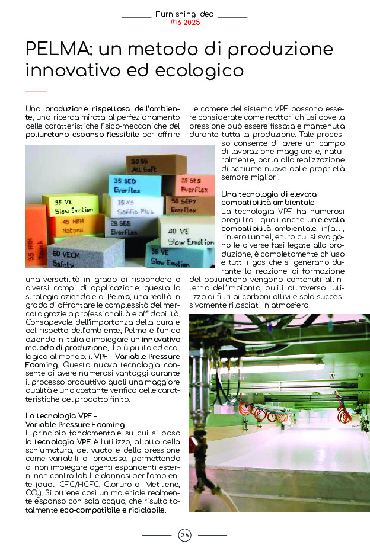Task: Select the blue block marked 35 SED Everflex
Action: click(135, 185)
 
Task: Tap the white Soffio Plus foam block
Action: click(133, 207)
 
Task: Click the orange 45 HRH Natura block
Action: click(75, 225)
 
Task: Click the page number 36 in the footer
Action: click(185, 536)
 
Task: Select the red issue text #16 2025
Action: click(185, 23)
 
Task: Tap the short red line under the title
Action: click(36, 91)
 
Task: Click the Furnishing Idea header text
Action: click(184, 14)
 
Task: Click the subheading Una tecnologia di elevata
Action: click(268, 194)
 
